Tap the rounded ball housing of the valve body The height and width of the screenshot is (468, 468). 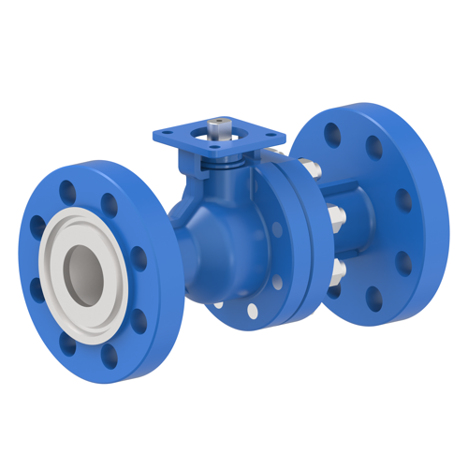(x=211, y=234)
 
